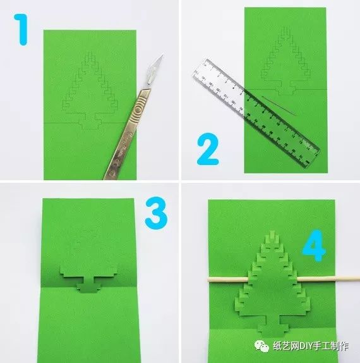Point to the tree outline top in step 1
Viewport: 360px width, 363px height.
[x=90, y=54]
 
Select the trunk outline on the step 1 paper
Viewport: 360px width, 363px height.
[x=90, y=121]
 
